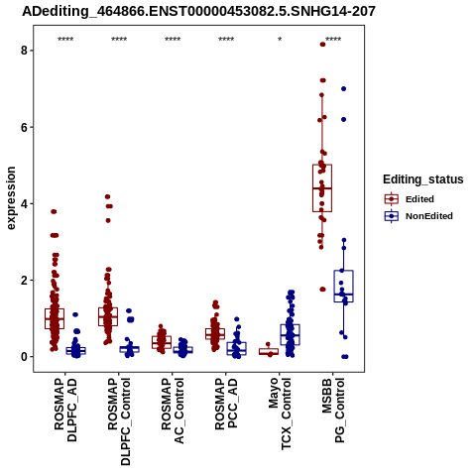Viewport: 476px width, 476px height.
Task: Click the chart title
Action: pyautogui.click(x=198, y=11)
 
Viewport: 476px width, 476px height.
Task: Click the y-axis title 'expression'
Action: pyautogui.click(x=11, y=198)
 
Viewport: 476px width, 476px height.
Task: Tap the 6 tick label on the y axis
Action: pyautogui.click(x=24, y=127)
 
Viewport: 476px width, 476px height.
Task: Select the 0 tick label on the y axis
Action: pyautogui.click(x=24, y=357)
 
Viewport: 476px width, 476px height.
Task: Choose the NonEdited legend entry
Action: pyautogui.click(x=418, y=216)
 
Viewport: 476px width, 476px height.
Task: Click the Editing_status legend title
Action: pyautogui.click(x=423, y=179)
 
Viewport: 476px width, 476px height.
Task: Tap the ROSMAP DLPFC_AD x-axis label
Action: pyautogui.click(x=65, y=411)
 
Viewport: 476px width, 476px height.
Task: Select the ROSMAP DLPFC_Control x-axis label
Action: pyautogui.click(x=119, y=421)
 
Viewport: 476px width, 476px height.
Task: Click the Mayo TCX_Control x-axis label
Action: pyautogui.click(x=280, y=415)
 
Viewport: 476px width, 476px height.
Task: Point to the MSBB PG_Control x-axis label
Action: pyautogui.click(x=333, y=411)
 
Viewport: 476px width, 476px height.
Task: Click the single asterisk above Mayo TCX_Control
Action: pyautogui.click(x=280, y=40)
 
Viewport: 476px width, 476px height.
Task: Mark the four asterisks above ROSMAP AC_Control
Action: pyautogui.click(x=173, y=40)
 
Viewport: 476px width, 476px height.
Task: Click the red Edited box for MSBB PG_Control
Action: pyautogui.click(x=322, y=187)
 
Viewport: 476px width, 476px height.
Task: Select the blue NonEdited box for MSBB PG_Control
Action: pyautogui.click(x=344, y=287)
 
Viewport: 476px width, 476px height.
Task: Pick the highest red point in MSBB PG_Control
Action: pyautogui.click(x=322, y=45)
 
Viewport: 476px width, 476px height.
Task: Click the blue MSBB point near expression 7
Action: pyautogui.click(x=344, y=88)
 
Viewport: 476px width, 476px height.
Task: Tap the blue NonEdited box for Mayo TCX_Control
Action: pyautogui.click(x=290, y=334)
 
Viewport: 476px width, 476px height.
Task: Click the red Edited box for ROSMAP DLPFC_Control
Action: pyautogui.click(x=108, y=316)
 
